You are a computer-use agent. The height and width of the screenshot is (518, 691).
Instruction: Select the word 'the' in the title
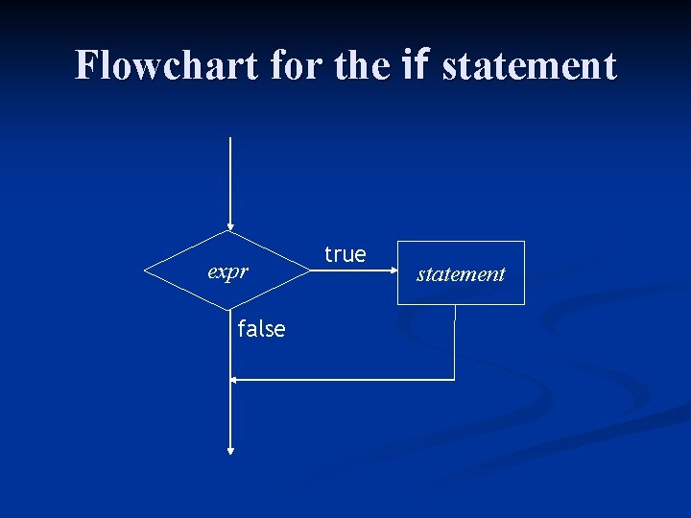click(x=362, y=65)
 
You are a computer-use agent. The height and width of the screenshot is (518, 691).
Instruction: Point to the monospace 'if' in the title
click(x=416, y=65)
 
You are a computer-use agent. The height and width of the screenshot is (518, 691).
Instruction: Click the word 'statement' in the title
click(x=529, y=65)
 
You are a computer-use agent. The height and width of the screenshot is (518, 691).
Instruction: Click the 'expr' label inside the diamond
click(x=228, y=271)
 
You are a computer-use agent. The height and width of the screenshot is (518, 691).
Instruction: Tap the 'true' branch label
click(x=345, y=254)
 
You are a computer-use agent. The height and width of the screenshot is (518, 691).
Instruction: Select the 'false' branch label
click(x=261, y=329)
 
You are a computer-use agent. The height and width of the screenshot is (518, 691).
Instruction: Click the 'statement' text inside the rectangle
click(x=461, y=274)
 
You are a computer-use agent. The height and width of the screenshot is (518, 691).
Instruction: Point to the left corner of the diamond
click(x=145, y=271)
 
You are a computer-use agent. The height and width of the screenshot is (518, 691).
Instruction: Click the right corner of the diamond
click(x=316, y=271)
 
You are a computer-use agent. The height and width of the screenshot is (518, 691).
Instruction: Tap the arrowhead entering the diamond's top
click(x=230, y=226)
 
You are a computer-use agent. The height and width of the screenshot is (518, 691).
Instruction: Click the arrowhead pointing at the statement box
click(x=393, y=271)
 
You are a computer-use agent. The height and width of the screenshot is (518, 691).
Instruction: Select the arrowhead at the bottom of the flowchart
click(x=230, y=448)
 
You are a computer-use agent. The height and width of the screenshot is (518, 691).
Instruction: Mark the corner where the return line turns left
click(x=454, y=380)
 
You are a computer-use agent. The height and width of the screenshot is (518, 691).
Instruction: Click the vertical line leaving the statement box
click(x=454, y=341)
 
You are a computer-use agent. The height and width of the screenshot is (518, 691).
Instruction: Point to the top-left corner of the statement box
click(x=398, y=242)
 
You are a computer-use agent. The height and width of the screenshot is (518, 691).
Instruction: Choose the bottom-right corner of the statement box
click(x=524, y=304)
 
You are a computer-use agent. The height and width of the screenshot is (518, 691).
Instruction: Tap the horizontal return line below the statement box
click(x=345, y=380)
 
